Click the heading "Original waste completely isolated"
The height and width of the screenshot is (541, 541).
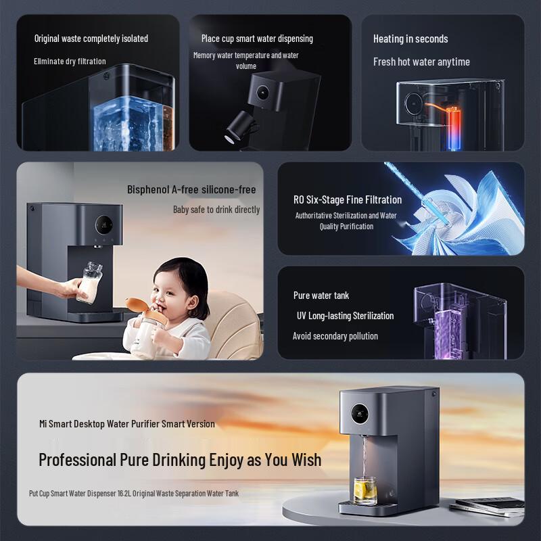click(x=91, y=39)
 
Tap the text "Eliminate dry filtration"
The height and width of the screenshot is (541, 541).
click(x=70, y=62)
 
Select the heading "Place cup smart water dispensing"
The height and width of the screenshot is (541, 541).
click(x=257, y=39)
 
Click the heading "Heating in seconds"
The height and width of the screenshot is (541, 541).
click(x=410, y=39)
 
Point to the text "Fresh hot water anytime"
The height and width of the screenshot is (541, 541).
click(x=421, y=62)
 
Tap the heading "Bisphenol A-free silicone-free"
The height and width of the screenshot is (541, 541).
click(x=191, y=189)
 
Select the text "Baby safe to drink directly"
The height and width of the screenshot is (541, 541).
click(x=216, y=210)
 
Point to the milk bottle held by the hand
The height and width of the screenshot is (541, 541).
click(x=90, y=283)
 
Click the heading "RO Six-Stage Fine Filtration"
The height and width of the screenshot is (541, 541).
click(x=348, y=199)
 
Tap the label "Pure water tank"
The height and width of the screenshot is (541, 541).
click(x=321, y=296)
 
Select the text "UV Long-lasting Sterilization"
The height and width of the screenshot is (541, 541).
click(x=345, y=316)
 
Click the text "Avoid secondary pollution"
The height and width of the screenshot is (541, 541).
click(x=335, y=336)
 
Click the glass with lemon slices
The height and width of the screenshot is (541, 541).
click(x=365, y=490)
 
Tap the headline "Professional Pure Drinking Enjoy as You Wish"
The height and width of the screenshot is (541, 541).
click(x=180, y=460)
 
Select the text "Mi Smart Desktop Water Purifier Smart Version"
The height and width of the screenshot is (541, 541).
click(x=127, y=424)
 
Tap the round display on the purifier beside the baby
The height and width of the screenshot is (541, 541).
click(x=103, y=222)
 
